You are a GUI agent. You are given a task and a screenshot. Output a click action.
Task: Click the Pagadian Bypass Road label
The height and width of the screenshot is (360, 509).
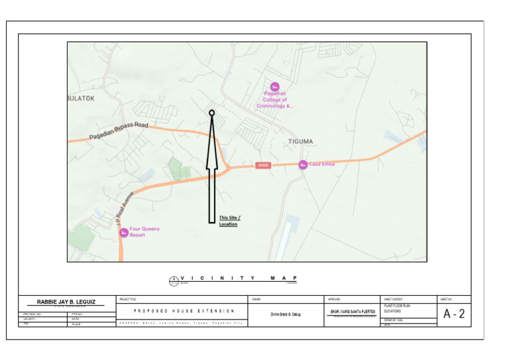[119, 131]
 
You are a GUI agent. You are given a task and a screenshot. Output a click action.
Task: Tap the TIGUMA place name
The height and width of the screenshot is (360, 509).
[300, 141]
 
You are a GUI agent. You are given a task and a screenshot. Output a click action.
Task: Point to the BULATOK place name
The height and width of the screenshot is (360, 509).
[82, 98]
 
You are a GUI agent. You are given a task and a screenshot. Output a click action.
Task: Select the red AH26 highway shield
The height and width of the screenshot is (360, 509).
[263, 164]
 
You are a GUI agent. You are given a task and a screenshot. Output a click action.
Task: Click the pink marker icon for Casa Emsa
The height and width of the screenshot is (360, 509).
[302, 164]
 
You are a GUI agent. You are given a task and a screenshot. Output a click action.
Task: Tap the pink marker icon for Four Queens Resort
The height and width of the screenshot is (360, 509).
[124, 233]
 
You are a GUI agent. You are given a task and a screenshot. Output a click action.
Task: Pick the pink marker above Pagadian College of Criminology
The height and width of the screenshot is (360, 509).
[274, 86]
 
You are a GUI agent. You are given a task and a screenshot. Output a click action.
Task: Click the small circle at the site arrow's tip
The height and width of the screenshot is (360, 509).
[212, 113]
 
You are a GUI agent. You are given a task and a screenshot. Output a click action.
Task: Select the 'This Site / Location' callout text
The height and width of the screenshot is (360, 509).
[229, 221]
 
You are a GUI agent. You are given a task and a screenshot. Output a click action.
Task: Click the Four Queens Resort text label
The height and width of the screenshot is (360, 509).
[144, 232]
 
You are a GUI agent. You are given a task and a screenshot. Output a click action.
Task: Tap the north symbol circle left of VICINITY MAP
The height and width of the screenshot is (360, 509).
[174, 280]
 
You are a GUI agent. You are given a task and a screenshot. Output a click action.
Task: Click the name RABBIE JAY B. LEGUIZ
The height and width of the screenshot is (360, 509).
[66, 302]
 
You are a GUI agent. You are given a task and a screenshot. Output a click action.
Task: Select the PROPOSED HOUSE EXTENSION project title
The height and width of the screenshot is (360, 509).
[184, 311]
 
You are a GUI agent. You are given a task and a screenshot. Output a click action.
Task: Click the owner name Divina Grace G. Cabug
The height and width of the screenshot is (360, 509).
[285, 314]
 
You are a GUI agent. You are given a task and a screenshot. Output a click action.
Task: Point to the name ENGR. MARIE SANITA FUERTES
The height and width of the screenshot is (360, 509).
[353, 312]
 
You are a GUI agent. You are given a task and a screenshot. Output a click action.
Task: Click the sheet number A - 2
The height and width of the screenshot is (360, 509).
[454, 314]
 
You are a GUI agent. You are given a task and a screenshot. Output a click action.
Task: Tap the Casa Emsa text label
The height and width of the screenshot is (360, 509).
[321, 164]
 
